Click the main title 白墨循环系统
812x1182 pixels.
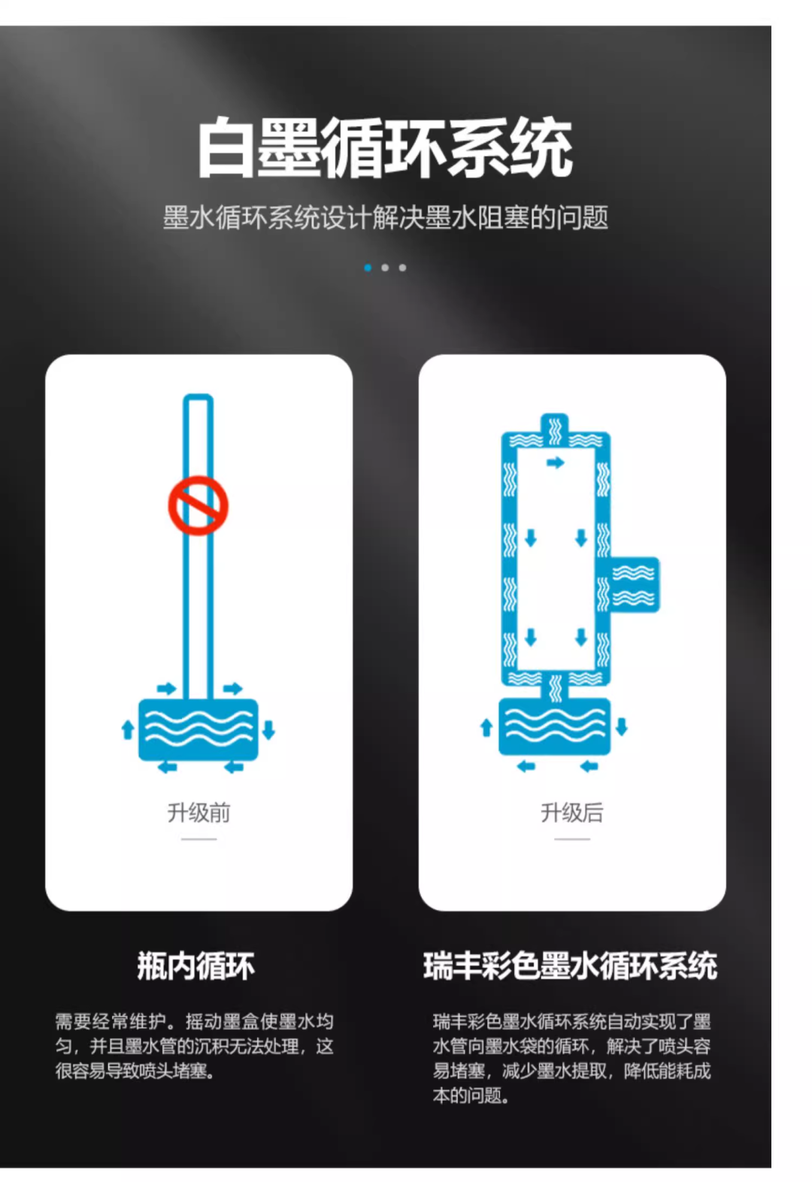[x=385, y=147]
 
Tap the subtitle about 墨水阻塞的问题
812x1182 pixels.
[x=386, y=217]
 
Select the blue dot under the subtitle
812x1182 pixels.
[x=368, y=268]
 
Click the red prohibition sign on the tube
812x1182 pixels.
[x=198, y=505]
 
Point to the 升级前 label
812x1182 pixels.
[x=199, y=813]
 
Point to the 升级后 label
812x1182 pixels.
[x=572, y=813]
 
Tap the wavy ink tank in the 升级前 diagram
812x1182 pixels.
[x=198, y=730]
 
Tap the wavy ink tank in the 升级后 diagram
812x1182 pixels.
[x=555, y=726]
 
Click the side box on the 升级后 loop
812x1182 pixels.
[x=635, y=585]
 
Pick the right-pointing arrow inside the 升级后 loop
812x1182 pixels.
[x=555, y=462]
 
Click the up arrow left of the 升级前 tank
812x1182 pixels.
[x=128, y=730]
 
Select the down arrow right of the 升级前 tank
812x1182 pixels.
[x=268, y=730]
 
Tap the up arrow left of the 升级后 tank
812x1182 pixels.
[x=486, y=727]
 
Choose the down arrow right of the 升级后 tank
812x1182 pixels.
[x=622, y=726]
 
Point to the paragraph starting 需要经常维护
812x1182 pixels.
[x=195, y=1047]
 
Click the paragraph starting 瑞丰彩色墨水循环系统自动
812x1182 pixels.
[x=572, y=1059]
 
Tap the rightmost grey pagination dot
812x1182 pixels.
[x=402, y=268]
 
